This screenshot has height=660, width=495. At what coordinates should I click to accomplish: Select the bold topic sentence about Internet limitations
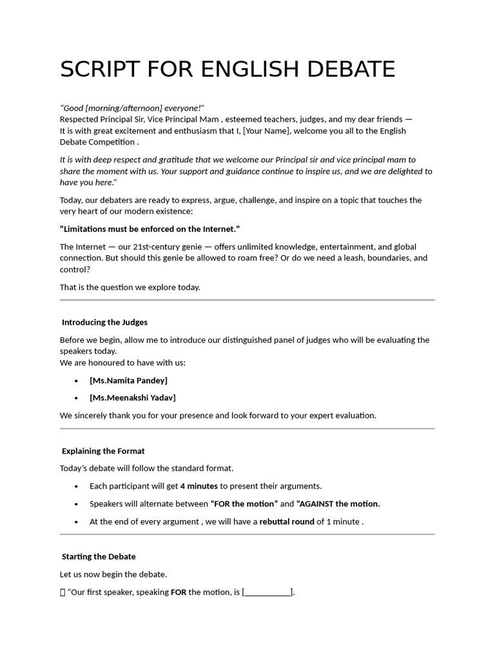[150, 229]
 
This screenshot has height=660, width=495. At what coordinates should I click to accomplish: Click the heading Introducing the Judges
[104, 322]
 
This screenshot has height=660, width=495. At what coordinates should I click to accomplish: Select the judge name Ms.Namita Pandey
[128, 380]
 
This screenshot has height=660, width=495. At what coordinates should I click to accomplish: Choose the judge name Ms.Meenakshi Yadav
[133, 398]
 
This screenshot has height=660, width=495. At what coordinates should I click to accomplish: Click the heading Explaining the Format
[103, 451]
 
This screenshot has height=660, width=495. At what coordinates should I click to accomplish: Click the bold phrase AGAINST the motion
[338, 504]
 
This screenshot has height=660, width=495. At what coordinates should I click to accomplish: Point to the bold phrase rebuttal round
[287, 521]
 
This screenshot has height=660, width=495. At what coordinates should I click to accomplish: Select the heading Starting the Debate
[99, 556]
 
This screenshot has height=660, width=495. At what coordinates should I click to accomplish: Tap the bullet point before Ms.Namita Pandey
[77, 381]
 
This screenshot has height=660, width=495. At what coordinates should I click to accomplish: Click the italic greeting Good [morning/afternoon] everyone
[132, 108]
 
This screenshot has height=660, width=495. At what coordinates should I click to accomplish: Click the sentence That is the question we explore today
[130, 287]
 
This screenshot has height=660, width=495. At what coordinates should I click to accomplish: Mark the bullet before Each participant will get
[77, 487]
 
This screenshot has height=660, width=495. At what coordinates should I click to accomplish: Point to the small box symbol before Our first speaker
[63, 592]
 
